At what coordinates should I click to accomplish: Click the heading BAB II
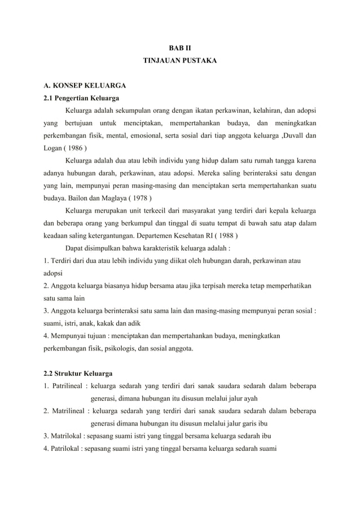[x=179, y=48]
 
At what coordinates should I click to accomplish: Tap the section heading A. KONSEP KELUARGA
[x=84, y=86]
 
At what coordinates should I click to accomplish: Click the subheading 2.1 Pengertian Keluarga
[x=81, y=98]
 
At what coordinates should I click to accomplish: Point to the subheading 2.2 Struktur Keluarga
[x=78, y=374]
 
